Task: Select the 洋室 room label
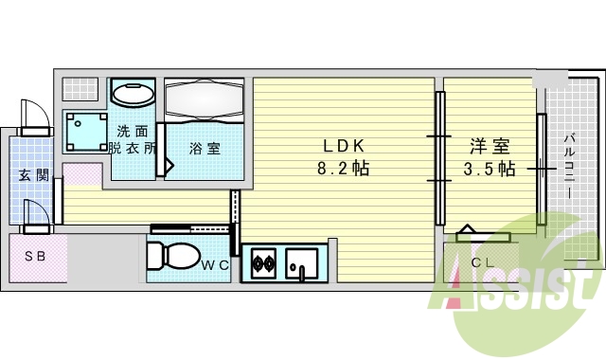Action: (490, 147)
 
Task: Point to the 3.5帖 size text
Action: (490, 169)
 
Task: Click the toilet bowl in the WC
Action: (172, 256)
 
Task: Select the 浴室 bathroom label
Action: (205, 148)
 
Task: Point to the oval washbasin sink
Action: (134, 93)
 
